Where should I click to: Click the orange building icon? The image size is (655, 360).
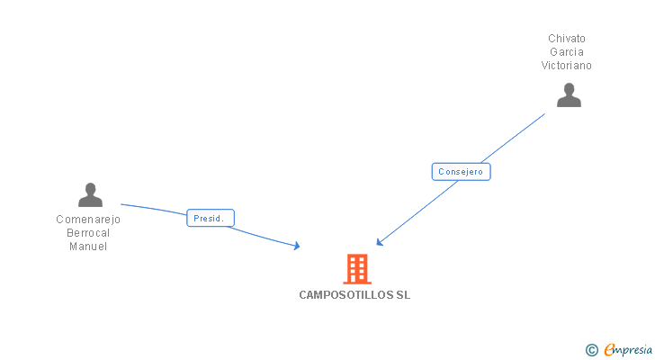(x=357, y=268)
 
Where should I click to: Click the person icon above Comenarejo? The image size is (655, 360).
(x=90, y=194)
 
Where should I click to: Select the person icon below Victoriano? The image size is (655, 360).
(x=569, y=94)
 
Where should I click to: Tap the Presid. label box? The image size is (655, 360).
(x=211, y=218)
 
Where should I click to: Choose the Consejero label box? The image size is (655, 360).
(x=461, y=172)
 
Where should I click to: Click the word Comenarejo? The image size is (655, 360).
(x=88, y=219)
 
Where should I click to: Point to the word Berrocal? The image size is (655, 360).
(x=88, y=232)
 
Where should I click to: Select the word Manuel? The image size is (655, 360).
(x=88, y=246)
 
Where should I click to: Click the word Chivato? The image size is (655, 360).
(x=567, y=39)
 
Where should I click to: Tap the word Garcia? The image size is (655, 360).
(x=567, y=52)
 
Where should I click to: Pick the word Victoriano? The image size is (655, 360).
(x=567, y=66)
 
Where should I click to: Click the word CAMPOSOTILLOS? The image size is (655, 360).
(x=345, y=295)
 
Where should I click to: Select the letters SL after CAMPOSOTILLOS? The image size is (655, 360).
(x=402, y=295)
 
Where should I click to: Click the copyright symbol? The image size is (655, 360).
(x=591, y=350)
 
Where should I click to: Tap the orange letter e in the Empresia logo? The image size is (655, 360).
(x=609, y=350)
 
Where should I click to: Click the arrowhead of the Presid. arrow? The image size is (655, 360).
(x=296, y=246)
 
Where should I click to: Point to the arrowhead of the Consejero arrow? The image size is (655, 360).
(x=380, y=242)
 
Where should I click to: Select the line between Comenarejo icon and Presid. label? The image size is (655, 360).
(x=154, y=209)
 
